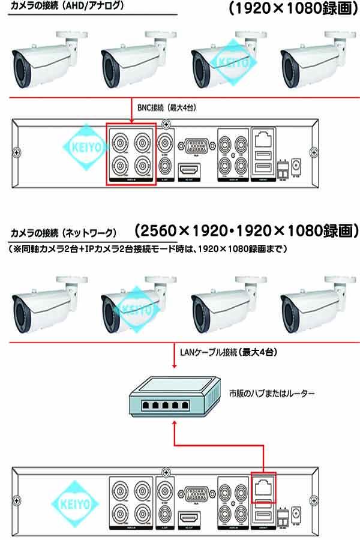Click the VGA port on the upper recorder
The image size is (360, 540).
(195, 146)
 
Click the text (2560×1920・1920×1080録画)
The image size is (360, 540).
(247, 230)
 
